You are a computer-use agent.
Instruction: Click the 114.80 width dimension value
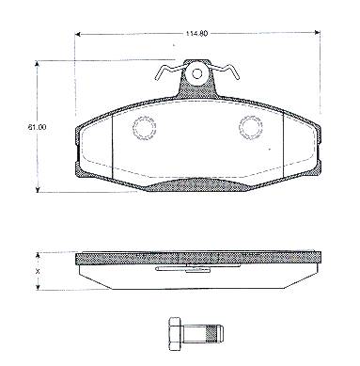(196, 33)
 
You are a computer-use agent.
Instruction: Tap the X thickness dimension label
(39, 271)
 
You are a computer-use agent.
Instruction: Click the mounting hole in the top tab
(197, 73)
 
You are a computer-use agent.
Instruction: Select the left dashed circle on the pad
(145, 128)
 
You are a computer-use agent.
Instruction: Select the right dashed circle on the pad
(250, 128)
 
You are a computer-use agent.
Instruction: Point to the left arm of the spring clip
(167, 72)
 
